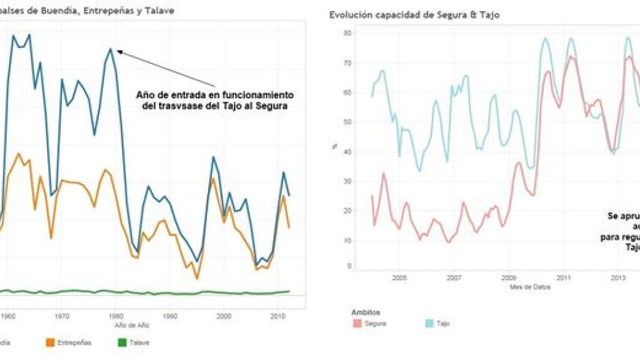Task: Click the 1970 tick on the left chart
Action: [x=62, y=316]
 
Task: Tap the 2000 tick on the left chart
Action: [x=224, y=316]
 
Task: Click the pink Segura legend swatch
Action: [x=357, y=323]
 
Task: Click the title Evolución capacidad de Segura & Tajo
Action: [x=414, y=14]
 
